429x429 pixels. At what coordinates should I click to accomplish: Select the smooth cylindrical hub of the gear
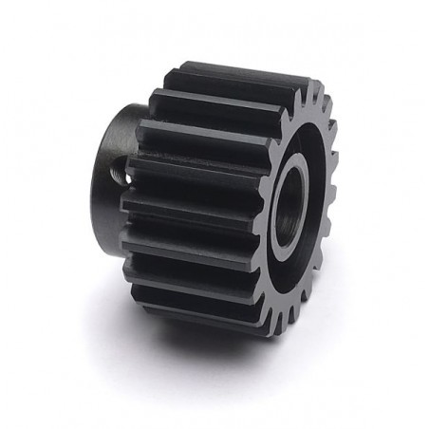click(109, 152)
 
